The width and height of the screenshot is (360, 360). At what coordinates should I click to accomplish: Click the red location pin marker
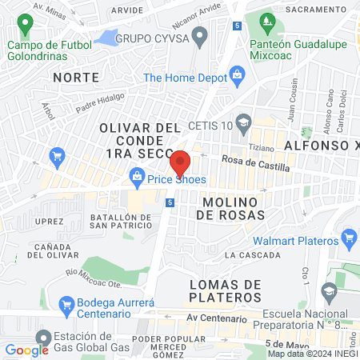[x=181, y=163]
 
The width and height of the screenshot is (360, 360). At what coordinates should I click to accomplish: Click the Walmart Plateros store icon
[x=348, y=238]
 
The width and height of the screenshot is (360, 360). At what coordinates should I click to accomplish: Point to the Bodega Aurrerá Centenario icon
[x=68, y=305]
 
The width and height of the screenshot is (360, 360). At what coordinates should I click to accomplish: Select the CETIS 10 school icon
[x=244, y=122]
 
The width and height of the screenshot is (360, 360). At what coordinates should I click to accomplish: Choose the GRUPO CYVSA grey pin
[x=200, y=37]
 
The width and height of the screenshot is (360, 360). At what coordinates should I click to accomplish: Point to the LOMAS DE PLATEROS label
[x=226, y=292]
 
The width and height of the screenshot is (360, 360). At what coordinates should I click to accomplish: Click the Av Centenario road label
[x=213, y=317]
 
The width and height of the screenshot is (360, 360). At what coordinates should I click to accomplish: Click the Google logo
[x=26, y=350]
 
